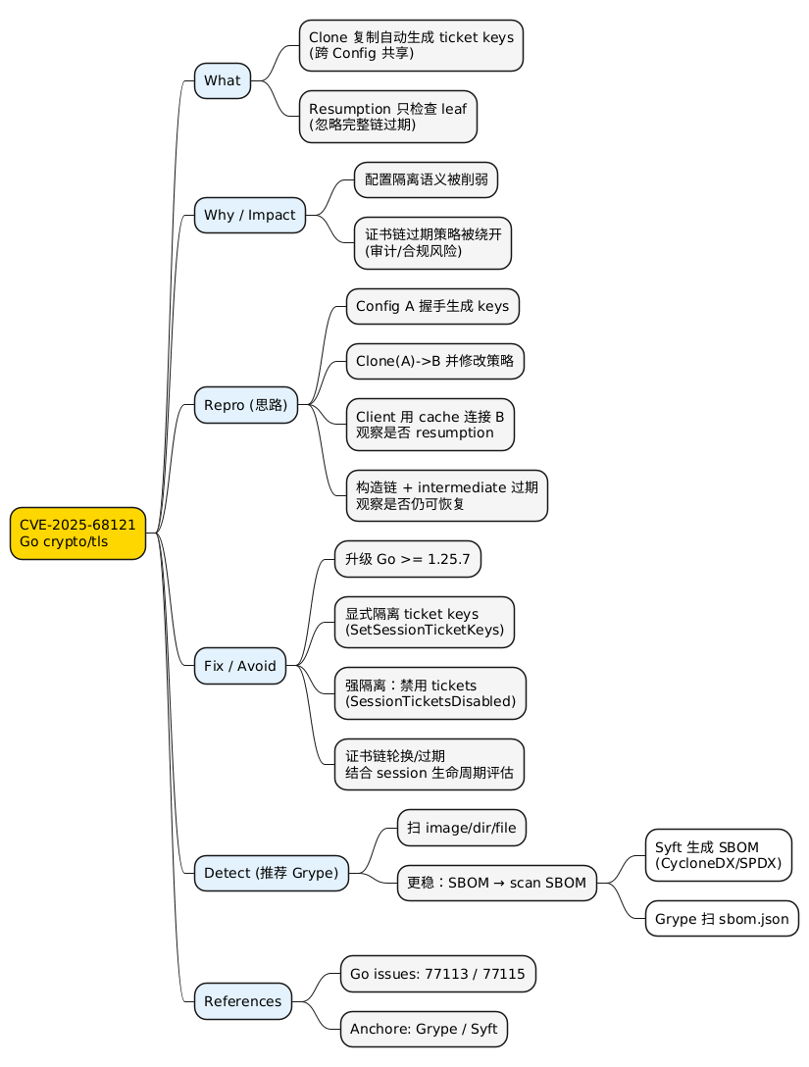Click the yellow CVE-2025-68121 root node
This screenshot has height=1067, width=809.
click(x=77, y=533)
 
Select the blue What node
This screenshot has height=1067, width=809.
click(x=223, y=80)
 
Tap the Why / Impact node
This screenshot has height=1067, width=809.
click(x=250, y=215)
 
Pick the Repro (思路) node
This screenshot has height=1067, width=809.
click(x=245, y=405)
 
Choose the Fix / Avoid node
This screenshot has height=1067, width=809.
click(x=240, y=666)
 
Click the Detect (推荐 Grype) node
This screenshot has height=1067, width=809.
click(x=271, y=873)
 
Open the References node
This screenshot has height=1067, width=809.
click(x=243, y=1001)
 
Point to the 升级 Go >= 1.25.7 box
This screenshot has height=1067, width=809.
click(x=407, y=559)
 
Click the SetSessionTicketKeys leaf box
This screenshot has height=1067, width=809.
click(x=424, y=622)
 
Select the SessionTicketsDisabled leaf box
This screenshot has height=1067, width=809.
click(x=430, y=692)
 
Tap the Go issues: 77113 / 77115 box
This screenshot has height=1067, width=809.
click(x=437, y=974)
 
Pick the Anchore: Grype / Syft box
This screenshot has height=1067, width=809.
click(x=424, y=1030)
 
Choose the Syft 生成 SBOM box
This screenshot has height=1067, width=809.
click(x=718, y=856)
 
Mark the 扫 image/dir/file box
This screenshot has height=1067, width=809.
click(x=461, y=828)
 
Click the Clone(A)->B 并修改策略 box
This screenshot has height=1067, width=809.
click(x=434, y=361)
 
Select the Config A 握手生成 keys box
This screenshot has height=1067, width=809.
click(x=431, y=306)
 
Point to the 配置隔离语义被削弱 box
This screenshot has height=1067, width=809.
click(x=426, y=179)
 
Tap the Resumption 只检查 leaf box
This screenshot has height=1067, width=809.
click(x=387, y=117)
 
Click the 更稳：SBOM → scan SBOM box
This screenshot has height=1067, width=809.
click(x=496, y=884)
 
